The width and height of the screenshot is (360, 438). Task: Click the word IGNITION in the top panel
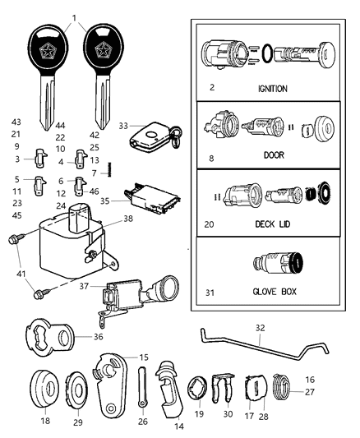click(270, 88)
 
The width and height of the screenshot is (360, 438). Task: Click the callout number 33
click(123, 126)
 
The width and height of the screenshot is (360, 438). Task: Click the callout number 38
click(127, 219)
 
